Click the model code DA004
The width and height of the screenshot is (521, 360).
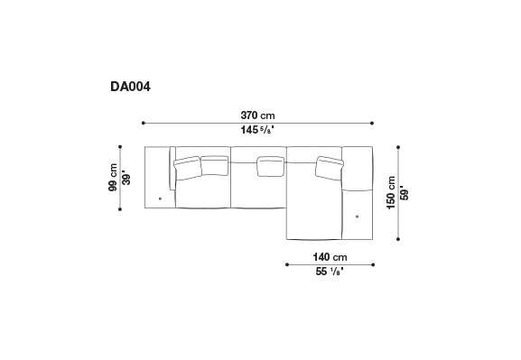pyautogui.click(x=130, y=87)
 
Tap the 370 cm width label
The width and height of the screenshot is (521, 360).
pyautogui.click(x=258, y=115)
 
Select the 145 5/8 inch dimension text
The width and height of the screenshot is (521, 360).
pyautogui.click(x=257, y=130)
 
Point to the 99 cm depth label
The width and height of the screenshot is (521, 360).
pyautogui.click(x=113, y=178)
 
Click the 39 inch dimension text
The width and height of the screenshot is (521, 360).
pyautogui.click(x=126, y=179)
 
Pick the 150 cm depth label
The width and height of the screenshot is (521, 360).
pyautogui.click(x=391, y=192)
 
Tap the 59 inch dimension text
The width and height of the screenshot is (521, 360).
pyautogui.click(x=405, y=194)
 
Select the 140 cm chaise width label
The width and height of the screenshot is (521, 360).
pyautogui.click(x=330, y=257)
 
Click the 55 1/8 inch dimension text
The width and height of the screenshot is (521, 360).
pyautogui.click(x=330, y=272)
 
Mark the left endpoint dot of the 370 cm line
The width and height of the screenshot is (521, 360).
pyautogui.click(x=144, y=123)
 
